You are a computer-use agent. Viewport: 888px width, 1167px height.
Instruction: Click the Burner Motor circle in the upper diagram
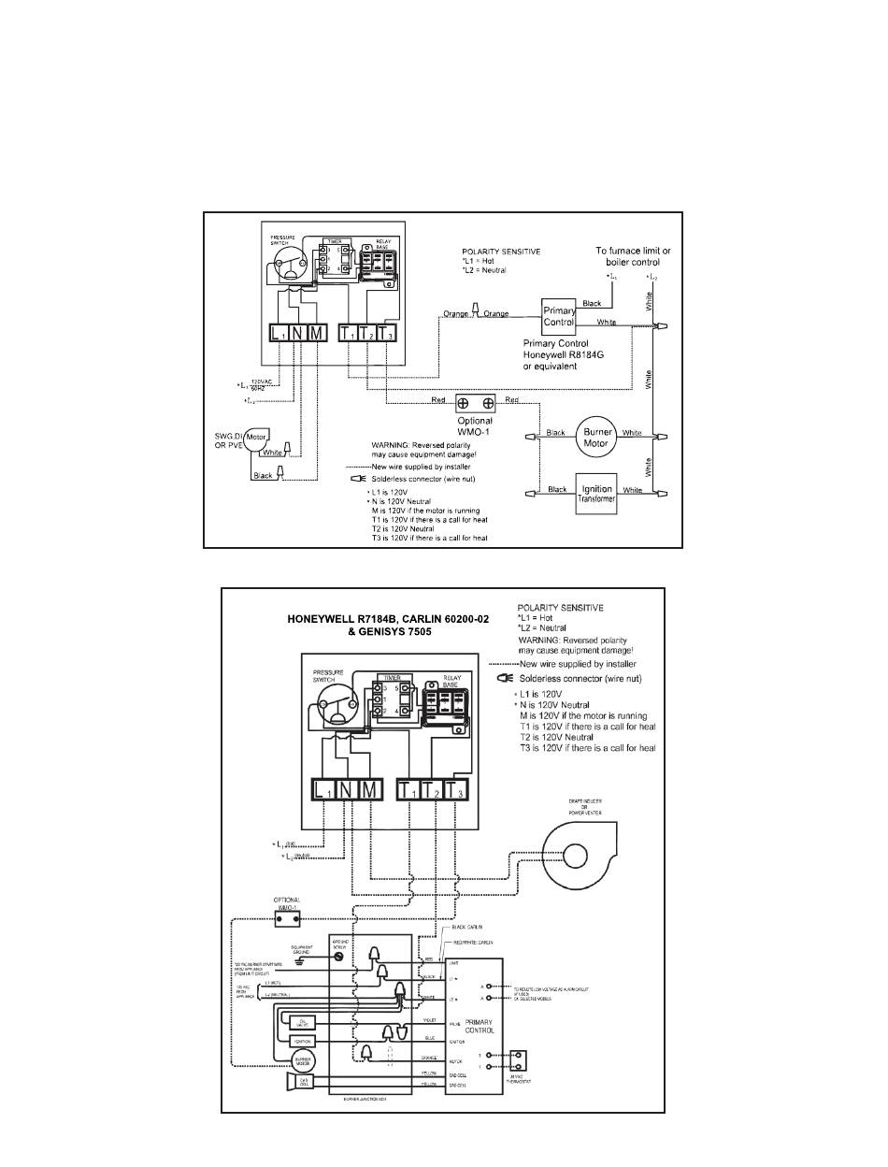(597, 436)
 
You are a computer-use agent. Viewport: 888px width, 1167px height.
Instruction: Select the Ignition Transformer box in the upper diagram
(597, 493)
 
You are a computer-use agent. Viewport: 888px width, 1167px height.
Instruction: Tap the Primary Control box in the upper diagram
(559, 316)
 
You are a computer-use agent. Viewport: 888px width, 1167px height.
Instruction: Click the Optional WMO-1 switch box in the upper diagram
(475, 404)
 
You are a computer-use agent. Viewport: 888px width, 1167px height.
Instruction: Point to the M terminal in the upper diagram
(317, 333)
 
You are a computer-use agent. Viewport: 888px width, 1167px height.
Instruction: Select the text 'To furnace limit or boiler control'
(634, 256)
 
